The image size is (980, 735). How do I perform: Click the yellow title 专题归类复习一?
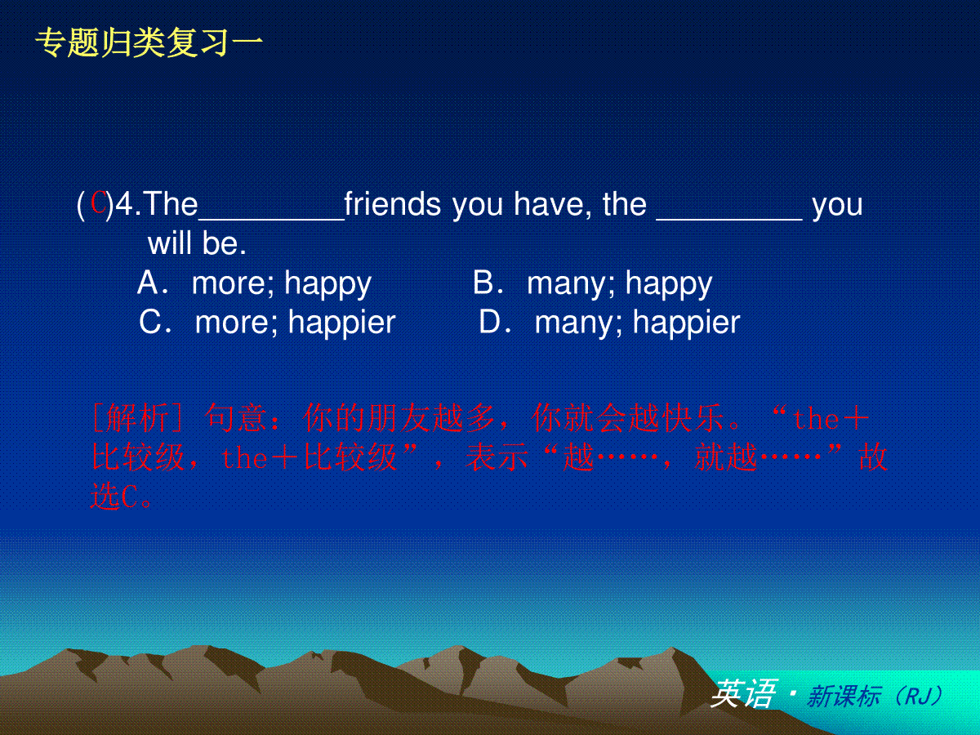pyautogui.click(x=149, y=42)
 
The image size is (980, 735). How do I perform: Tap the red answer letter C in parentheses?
pyautogui.click(x=98, y=203)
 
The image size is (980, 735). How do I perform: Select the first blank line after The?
pyautogui.click(x=271, y=219)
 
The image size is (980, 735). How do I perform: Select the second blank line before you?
pyautogui.click(x=729, y=219)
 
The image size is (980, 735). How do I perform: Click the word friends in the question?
pyautogui.click(x=393, y=204)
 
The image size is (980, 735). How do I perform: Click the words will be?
pyautogui.click(x=197, y=243)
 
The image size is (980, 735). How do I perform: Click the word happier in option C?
pyautogui.click(x=342, y=323)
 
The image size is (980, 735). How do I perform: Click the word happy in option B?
pyautogui.click(x=669, y=285)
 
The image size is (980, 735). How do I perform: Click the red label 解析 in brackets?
pyautogui.click(x=137, y=417)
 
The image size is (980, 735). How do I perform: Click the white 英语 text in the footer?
pyautogui.click(x=743, y=694)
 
